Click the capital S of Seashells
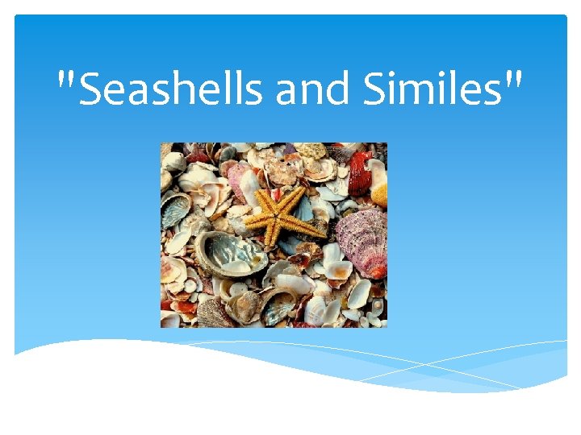[94, 90]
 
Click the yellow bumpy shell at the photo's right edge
[380, 193]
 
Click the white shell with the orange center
[338, 270]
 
